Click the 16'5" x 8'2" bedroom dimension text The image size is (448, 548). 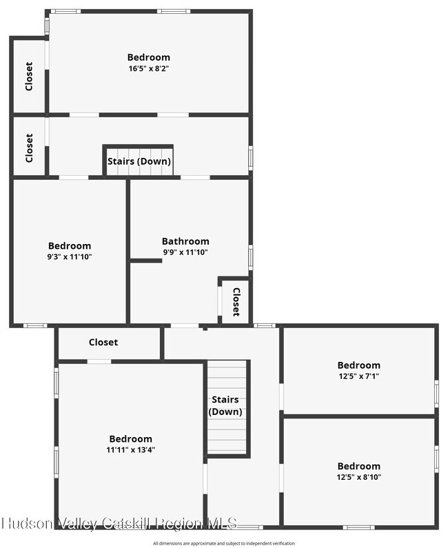[x=148, y=68]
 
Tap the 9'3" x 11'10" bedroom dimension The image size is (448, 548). [x=70, y=257]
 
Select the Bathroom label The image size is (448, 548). [x=185, y=241]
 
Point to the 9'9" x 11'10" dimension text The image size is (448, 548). [x=185, y=252]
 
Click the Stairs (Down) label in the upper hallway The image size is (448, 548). [x=139, y=161]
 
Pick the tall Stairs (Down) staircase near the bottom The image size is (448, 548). [x=227, y=408]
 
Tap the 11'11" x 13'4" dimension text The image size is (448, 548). [x=131, y=450]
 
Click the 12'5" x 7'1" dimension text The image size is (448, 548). [x=359, y=376]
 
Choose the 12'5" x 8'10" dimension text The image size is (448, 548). [x=359, y=477]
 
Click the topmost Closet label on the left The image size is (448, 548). [x=29, y=77]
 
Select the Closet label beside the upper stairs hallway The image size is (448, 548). [x=29, y=148]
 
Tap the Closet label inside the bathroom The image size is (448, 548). [x=236, y=302]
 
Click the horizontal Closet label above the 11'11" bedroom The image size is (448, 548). [x=103, y=342]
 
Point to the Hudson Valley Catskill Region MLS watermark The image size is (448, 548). [x=119, y=524]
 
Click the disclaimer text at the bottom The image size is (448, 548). [x=223, y=543]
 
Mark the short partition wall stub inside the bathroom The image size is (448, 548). [x=146, y=261]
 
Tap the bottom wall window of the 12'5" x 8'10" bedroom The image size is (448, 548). [x=358, y=527]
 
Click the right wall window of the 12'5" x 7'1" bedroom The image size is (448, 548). [x=436, y=394]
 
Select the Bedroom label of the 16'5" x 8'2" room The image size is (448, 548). [x=148, y=57]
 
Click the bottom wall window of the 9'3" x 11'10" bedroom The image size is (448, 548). [x=35, y=326]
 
